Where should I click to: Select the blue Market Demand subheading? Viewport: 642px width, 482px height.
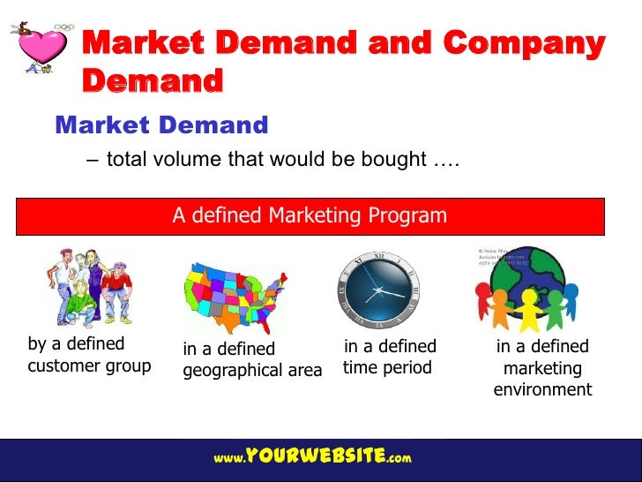[161, 125]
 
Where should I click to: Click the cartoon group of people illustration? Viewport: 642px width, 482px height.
[87, 288]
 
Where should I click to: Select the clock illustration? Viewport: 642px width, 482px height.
[378, 288]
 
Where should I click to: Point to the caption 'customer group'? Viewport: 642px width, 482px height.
[89, 365]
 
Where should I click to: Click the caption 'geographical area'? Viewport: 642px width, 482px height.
[252, 371]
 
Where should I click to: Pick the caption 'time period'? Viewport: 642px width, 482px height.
[387, 367]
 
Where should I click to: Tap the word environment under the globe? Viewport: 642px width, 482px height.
[542, 389]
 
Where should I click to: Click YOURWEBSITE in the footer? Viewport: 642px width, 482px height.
[315, 456]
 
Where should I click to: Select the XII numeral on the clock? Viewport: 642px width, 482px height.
[380, 256]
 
